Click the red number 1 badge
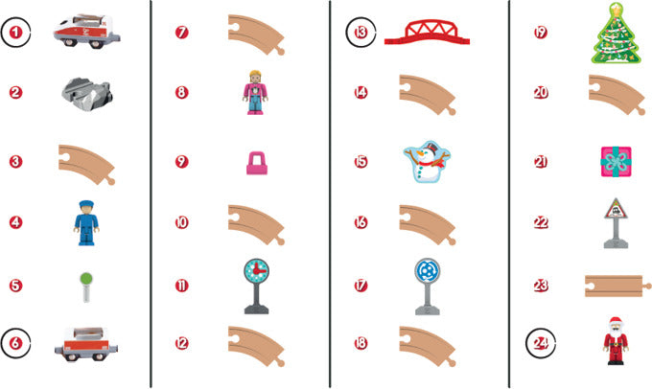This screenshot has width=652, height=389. pos(15,32)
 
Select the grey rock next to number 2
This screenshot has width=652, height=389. pos(87,94)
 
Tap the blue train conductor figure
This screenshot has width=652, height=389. pos(86,222)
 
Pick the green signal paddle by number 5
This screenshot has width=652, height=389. pos(86,286)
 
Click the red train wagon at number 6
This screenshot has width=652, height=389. pos(86,344)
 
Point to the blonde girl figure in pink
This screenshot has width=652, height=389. pos(255,92)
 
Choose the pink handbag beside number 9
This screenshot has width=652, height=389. pos(257,163)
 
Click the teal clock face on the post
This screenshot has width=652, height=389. pos(257,271)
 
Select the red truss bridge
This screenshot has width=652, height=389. pos(427,32)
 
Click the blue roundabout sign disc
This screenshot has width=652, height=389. pos(427,271)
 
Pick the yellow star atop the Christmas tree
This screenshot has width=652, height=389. pos(616,8)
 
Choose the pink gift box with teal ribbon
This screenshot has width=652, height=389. pos(616,162)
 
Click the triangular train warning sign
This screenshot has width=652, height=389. pos(616,209)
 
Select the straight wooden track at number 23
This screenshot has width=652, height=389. pos(617,286)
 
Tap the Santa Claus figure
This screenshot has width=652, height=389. pos(616,341)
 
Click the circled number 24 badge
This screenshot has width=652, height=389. pos(541,343)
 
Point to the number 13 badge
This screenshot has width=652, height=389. pos(361,33)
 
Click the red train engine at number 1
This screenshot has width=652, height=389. pos(86,32)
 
